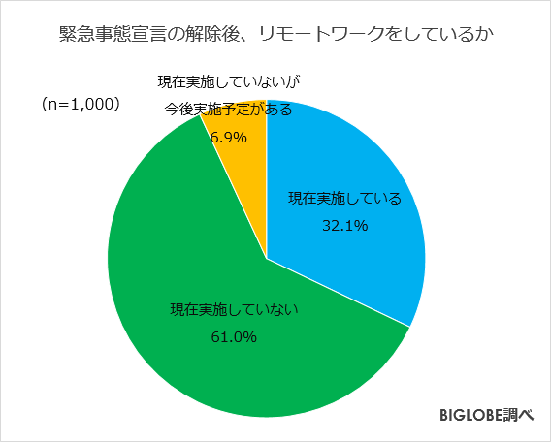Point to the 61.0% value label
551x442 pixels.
pos(233,337)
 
